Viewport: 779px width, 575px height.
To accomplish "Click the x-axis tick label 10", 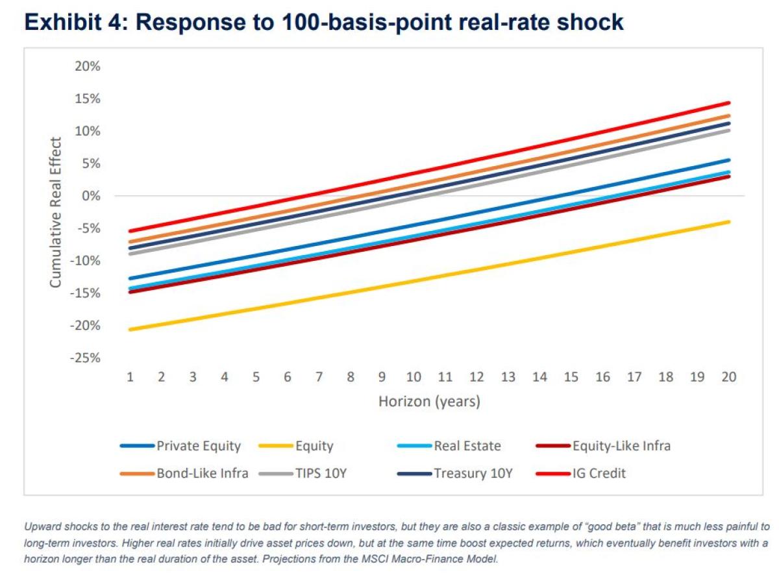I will (414, 377).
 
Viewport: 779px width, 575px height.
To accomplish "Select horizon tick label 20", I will (728, 377).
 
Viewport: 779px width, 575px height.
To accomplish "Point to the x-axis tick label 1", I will (130, 377).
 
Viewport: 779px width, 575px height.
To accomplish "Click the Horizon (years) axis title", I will (429, 402).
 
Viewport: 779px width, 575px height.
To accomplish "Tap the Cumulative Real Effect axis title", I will (56, 212).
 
